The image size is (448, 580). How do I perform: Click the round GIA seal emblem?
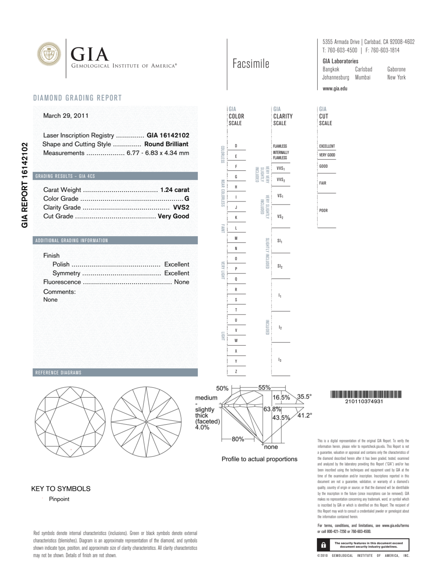49,54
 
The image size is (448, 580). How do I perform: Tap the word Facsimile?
251,64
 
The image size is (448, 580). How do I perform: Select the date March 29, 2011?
66,116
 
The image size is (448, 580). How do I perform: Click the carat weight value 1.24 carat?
174,190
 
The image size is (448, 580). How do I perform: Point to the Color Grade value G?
187,199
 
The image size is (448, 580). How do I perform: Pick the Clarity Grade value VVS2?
181,207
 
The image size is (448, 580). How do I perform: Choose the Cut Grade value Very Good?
174,216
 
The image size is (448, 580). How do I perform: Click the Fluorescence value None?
182,282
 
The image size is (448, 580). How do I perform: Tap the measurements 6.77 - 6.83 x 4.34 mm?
158,153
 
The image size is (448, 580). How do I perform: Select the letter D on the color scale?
236,146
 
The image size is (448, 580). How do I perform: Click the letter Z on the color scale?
236,372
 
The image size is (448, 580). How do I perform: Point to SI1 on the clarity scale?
280,241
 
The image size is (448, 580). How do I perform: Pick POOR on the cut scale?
323,211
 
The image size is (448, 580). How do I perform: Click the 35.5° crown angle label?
304,397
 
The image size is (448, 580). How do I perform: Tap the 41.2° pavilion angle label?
304,415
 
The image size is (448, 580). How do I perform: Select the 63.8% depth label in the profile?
272,409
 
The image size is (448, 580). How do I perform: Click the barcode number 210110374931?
364,401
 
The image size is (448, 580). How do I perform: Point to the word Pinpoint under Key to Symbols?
59,499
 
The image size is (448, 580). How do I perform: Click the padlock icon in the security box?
324,545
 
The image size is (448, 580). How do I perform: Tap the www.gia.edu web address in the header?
335,89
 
